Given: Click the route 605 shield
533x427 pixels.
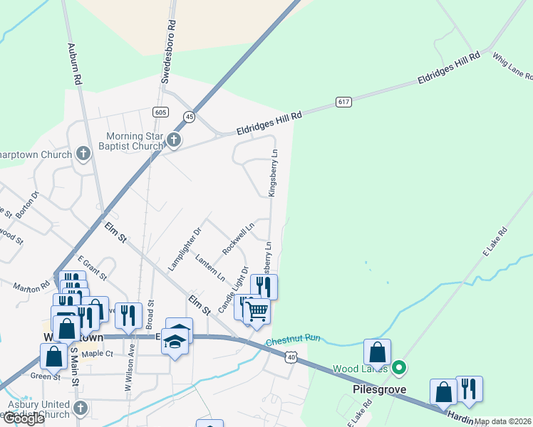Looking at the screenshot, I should pyautogui.click(x=160, y=112).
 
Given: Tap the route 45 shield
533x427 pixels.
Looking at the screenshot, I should pyautogui.click(x=189, y=117).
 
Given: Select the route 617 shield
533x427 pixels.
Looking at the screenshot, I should pyautogui.click(x=344, y=102).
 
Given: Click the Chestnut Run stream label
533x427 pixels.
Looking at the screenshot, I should pyautogui.click(x=294, y=341).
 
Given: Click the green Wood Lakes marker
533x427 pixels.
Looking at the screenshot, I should pyautogui.click(x=400, y=368).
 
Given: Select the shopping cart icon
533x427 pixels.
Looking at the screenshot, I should pyautogui.click(x=257, y=311).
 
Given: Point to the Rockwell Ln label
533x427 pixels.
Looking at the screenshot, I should pyautogui.click(x=238, y=240).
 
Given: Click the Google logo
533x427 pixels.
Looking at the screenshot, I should pyautogui.click(x=23, y=418).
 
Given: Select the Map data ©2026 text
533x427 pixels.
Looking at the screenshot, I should pyautogui.click(x=503, y=421).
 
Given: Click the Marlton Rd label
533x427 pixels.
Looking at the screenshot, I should pyautogui.click(x=31, y=288).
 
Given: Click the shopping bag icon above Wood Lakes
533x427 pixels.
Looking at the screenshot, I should pyautogui.click(x=377, y=351).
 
